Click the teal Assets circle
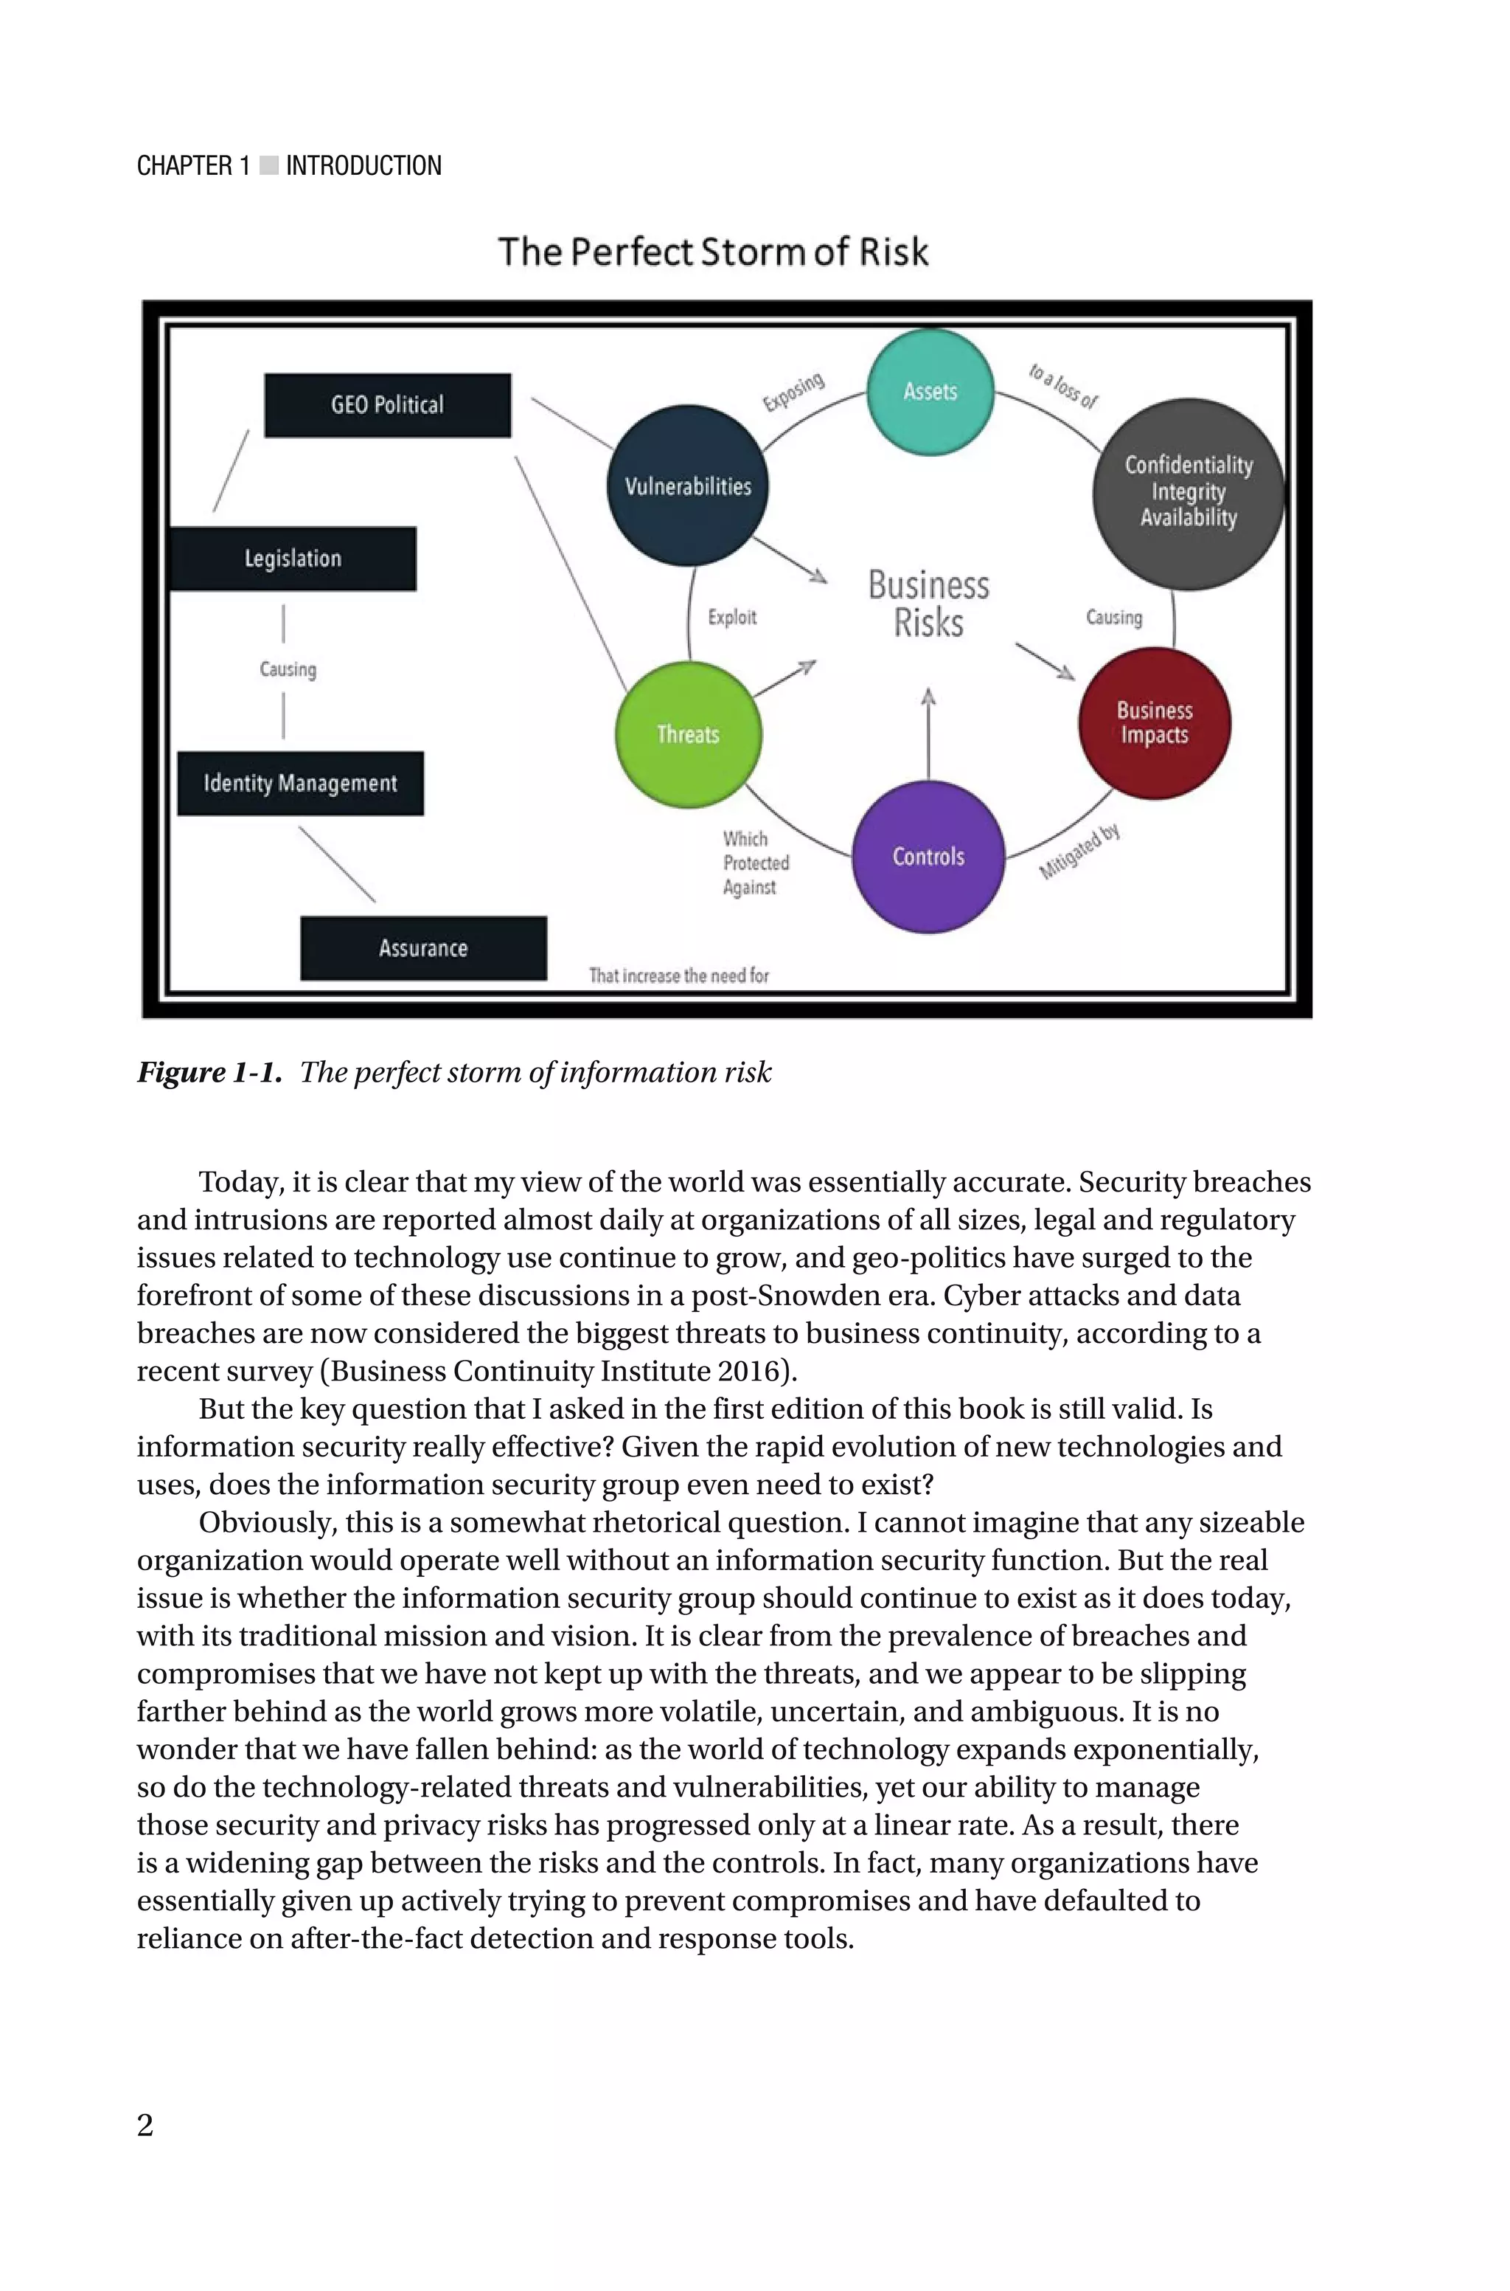click(x=929, y=391)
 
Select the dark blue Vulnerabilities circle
click(x=688, y=486)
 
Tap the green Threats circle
click(x=688, y=734)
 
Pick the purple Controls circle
click(x=928, y=857)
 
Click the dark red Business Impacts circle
click(x=1155, y=722)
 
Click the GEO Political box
click(x=387, y=404)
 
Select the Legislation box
click(x=293, y=559)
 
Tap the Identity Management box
click(x=299, y=784)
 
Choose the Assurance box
click(x=422, y=948)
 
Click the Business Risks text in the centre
click(x=928, y=604)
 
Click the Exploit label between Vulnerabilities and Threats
click(x=732, y=618)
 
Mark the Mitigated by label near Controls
click(x=1079, y=851)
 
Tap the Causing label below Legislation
click(x=287, y=668)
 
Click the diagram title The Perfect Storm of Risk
click(x=713, y=252)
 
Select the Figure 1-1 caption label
click(x=209, y=1072)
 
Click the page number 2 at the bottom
click(x=145, y=2124)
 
